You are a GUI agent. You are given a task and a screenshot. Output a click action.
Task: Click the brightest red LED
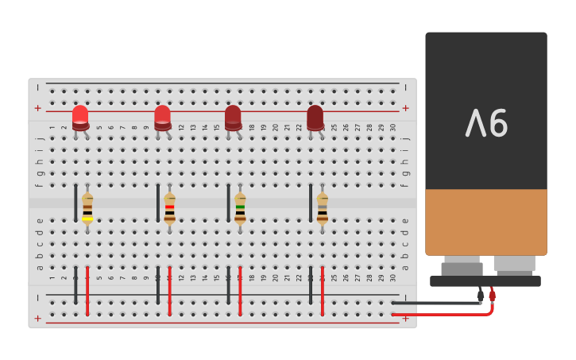pyautogui.click(x=80, y=117)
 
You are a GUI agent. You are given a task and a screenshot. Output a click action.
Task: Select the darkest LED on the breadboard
pyautogui.click(x=315, y=117)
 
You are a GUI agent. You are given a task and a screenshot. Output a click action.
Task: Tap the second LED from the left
pyautogui.click(x=162, y=117)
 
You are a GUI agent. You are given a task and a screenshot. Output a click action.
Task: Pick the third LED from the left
pyautogui.click(x=233, y=117)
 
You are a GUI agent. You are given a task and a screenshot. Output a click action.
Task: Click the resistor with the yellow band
pyautogui.click(x=87, y=208)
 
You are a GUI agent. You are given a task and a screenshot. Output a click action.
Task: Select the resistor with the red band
pyautogui.click(x=169, y=208)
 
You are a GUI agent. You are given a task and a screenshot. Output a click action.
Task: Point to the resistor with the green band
pyautogui.click(x=240, y=208)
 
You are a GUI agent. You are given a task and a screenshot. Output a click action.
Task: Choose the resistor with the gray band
pyautogui.click(x=322, y=208)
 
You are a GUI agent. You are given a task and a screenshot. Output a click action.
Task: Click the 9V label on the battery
pyautogui.click(x=486, y=123)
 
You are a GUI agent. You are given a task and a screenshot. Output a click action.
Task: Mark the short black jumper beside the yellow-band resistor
pyautogui.click(x=76, y=203)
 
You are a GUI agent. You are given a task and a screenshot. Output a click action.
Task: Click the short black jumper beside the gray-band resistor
pyautogui.click(x=311, y=203)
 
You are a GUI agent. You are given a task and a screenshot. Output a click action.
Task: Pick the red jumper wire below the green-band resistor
pyautogui.click(x=240, y=291)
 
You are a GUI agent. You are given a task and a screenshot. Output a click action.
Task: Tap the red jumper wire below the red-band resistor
pyautogui.click(x=169, y=291)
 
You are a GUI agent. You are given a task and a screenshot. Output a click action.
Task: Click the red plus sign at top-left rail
pyautogui.click(x=37, y=108)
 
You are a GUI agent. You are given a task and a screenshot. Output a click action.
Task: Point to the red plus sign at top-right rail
pyautogui.click(x=406, y=108)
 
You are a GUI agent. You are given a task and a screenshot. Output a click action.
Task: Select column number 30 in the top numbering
pyautogui.click(x=392, y=127)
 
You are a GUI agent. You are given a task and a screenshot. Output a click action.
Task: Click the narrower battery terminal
pyautogui.click(x=462, y=265)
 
